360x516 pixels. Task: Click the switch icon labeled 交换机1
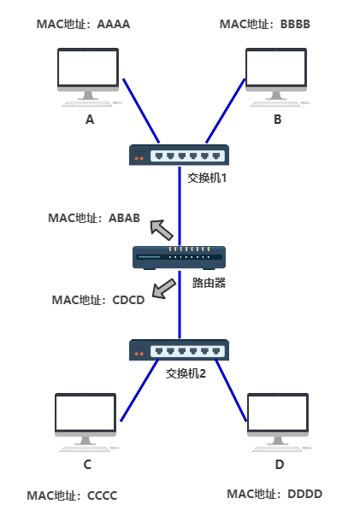pyautogui.click(x=180, y=155)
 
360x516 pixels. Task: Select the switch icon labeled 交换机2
pyautogui.click(x=180, y=349)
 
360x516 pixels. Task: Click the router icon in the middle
pyautogui.click(x=180, y=255)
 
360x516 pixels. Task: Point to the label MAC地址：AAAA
pyautogui.click(x=84, y=24)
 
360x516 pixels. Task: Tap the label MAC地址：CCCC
pyautogui.click(x=72, y=495)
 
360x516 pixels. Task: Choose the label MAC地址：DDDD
pyautogui.click(x=274, y=494)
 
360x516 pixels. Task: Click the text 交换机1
pyautogui.click(x=208, y=179)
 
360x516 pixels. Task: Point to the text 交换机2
pyautogui.click(x=186, y=372)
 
